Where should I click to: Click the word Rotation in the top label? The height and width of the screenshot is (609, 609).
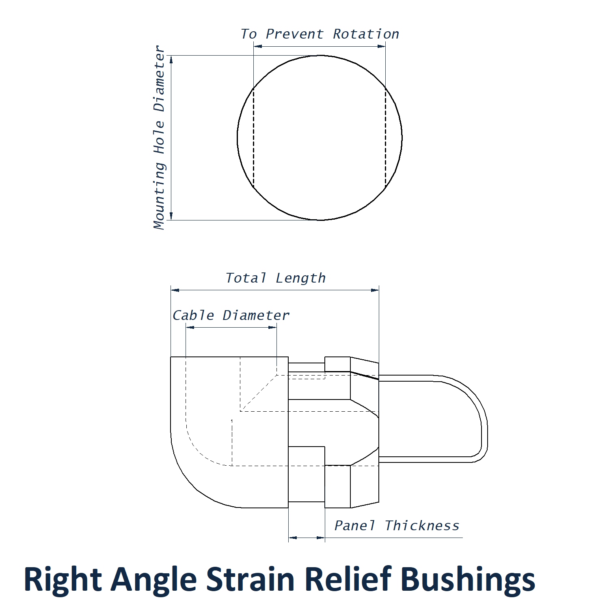click(366, 34)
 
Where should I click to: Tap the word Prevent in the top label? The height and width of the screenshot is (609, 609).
click(294, 34)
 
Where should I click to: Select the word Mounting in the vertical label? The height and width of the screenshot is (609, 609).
click(160, 196)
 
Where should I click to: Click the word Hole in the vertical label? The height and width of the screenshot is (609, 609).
click(160, 137)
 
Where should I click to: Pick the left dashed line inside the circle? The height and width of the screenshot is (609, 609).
click(254, 138)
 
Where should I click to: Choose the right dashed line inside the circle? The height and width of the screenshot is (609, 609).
click(385, 138)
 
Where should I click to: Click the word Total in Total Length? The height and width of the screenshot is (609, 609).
click(246, 278)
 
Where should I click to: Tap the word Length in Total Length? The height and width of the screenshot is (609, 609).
click(300, 279)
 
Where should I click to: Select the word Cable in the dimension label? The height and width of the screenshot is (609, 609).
click(193, 315)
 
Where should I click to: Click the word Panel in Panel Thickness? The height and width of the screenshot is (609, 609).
click(354, 526)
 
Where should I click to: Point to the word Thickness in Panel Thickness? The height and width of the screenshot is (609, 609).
click(422, 526)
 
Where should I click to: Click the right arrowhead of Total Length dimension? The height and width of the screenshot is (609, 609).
click(375, 290)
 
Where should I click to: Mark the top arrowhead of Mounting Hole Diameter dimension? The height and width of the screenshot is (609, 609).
click(171, 60)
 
